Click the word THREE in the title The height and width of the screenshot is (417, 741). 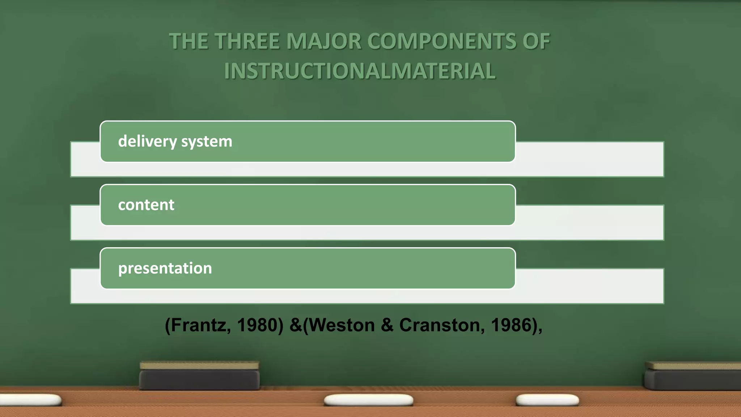click(x=247, y=41)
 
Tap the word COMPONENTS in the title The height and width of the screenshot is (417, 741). click(x=442, y=41)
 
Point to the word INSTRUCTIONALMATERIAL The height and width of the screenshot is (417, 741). click(x=360, y=71)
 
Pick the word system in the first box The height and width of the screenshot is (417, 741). click(x=207, y=142)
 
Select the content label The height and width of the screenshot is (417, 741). click(x=146, y=205)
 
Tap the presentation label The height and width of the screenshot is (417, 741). click(x=165, y=268)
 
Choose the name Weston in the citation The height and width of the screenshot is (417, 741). click(x=342, y=325)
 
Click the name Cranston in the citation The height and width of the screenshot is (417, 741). click(x=440, y=325)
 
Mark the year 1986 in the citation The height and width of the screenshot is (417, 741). click(x=511, y=325)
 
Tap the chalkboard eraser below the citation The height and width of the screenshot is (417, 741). click(x=199, y=375)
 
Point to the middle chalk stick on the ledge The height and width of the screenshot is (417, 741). click(x=368, y=400)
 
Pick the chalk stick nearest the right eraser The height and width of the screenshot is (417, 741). click(x=547, y=400)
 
